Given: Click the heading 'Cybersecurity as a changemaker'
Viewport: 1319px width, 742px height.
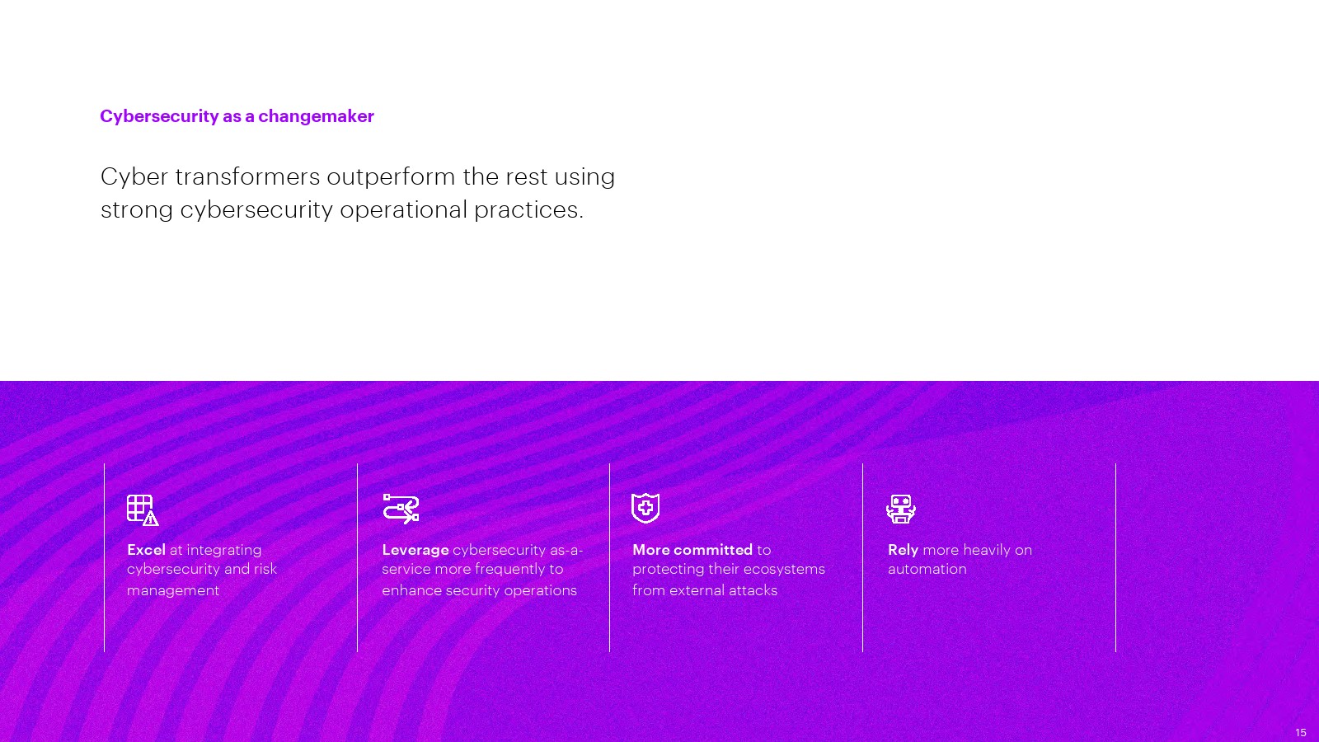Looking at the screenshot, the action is [x=237, y=116].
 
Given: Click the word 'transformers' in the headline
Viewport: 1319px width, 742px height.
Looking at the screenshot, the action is [x=247, y=176].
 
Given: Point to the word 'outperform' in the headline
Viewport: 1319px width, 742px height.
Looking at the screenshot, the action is [x=391, y=177].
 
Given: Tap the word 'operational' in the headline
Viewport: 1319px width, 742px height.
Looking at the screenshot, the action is [x=403, y=210].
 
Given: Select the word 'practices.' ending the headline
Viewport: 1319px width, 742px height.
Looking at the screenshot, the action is [x=528, y=210].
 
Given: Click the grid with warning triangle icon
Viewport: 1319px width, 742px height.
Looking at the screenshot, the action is [x=143, y=510].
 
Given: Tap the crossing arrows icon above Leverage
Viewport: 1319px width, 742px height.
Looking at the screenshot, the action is [x=401, y=509].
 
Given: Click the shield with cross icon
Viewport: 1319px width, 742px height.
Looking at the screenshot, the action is [x=645, y=508].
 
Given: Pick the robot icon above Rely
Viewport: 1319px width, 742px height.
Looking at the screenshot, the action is [x=901, y=509].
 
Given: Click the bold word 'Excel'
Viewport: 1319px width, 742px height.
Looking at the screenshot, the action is [x=146, y=550].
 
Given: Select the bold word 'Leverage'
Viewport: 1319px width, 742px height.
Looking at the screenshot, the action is [x=415, y=551].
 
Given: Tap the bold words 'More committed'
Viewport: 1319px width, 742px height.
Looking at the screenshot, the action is [x=692, y=550].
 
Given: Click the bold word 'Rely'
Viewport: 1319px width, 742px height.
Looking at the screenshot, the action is [x=904, y=551].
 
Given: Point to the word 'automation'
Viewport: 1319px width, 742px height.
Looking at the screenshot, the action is [x=927, y=569].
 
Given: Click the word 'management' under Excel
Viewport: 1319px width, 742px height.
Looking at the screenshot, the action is [x=173, y=590].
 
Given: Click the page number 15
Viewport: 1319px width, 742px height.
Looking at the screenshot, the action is [x=1301, y=733].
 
